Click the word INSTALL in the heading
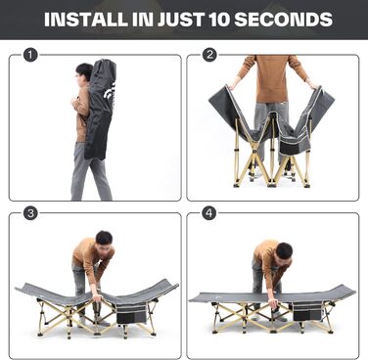pyautogui.click(x=86, y=20)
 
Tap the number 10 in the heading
pyautogui.click(x=219, y=20)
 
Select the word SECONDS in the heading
pyautogui.click(x=284, y=20)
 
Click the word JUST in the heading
pyautogui.click(x=181, y=20)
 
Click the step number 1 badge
pyautogui.click(x=30, y=55)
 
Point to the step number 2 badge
pyautogui.click(x=209, y=55)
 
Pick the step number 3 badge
pyautogui.click(x=30, y=213)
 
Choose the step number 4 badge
pyautogui.click(x=209, y=213)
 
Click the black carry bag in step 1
pyautogui.click(x=100, y=110)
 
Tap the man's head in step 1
pyautogui.click(x=84, y=72)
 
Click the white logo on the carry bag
pyautogui.click(x=109, y=92)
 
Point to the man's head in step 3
pyautogui.click(x=104, y=243)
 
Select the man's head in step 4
pyautogui.click(x=284, y=253)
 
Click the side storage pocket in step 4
pyautogui.click(x=306, y=311)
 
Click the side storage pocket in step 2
pyautogui.click(x=292, y=145)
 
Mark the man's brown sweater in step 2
pyautogui.click(x=272, y=77)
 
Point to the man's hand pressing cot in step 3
pyautogui.click(x=97, y=298)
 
